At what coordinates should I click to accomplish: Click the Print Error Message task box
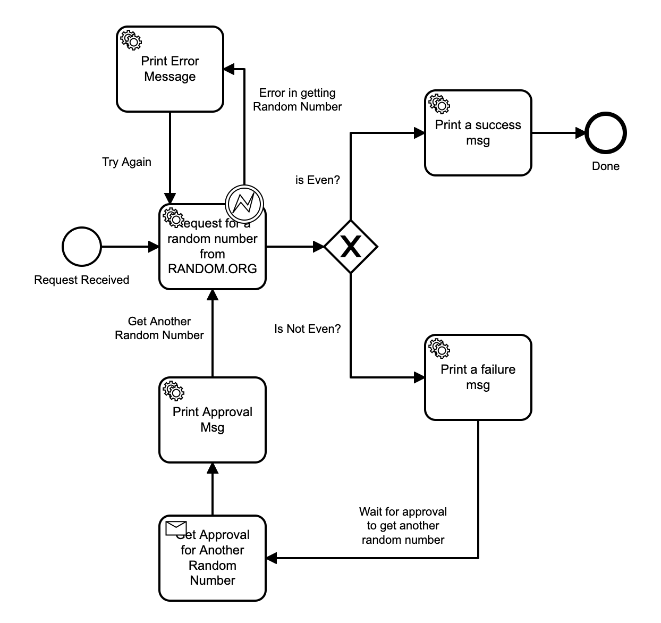click(170, 69)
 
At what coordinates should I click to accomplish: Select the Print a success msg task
click(478, 133)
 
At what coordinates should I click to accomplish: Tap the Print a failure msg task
click(478, 377)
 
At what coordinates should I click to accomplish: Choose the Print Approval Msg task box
click(212, 420)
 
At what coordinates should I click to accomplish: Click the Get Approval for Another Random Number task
click(212, 558)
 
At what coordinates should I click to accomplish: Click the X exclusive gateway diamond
click(351, 247)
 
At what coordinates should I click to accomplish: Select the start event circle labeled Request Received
click(82, 247)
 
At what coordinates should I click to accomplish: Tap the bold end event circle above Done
click(606, 133)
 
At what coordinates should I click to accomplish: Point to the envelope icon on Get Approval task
click(176, 528)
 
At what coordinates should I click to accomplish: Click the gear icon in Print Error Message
click(131, 40)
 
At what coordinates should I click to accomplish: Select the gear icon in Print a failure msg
click(439, 348)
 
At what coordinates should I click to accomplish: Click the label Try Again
click(126, 162)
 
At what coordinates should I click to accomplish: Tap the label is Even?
click(317, 180)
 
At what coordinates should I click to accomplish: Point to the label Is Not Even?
click(307, 329)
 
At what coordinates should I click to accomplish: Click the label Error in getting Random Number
click(297, 100)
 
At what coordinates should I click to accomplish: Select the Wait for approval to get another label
click(403, 526)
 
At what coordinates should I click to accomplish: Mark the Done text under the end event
click(606, 166)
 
